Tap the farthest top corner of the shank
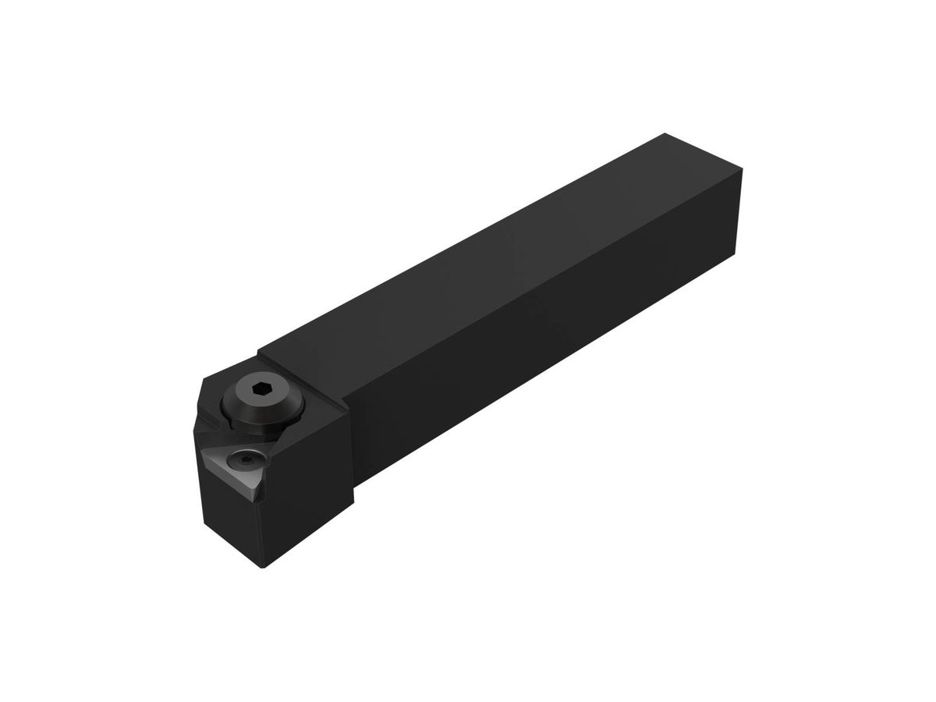click(664, 133)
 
